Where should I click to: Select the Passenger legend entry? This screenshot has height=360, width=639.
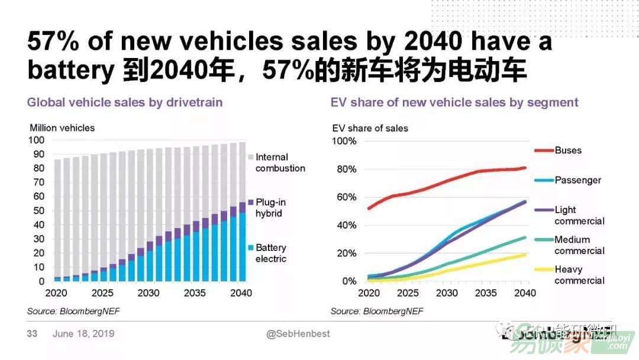pos(577,180)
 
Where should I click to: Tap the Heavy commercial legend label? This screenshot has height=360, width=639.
pos(579,275)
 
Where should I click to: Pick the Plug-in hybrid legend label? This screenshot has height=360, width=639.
pos(270,208)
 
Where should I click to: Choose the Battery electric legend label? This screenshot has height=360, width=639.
pos(270,253)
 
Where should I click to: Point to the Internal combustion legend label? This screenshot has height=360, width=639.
pos(280,162)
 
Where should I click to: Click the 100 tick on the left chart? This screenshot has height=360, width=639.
pos(36,140)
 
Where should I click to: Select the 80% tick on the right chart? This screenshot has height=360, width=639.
pos(345,169)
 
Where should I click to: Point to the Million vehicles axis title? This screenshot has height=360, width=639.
pos(62,128)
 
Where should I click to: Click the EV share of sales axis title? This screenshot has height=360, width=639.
pos(370,128)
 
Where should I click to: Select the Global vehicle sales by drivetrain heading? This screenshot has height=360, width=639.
pos(125,102)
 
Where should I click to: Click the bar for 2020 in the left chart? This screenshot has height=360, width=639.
pos(57,219)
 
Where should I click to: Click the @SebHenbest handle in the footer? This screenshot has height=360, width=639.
pos(298,334)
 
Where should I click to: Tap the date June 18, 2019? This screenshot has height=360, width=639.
pos(83,334)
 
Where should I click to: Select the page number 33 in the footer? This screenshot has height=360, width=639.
pos(32,334)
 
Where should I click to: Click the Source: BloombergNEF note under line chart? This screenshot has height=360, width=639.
pos(377,311)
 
